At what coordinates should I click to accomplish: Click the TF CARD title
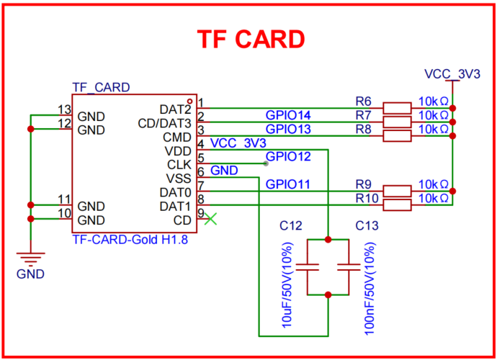click(x=251, y=40)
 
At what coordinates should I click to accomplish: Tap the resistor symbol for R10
click(x=397, y=205)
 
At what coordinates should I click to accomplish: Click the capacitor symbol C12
click(x=309, y=267)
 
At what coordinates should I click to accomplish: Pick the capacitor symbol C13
click(x=349, y=267)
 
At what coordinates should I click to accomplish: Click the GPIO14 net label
click(x=288, y=115)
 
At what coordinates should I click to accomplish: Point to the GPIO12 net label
click(x=288, y=156)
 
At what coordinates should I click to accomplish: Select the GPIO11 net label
click(x=288, y=184)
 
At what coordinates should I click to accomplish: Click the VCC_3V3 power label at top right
click(x=452, y=73)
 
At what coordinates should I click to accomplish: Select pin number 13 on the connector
click(x=64, y=109)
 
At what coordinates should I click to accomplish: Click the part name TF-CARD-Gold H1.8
click(x=130, y=240)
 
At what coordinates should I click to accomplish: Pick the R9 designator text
click(x=364, y=184)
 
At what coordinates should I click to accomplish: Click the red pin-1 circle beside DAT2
click(x=189, y=101)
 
